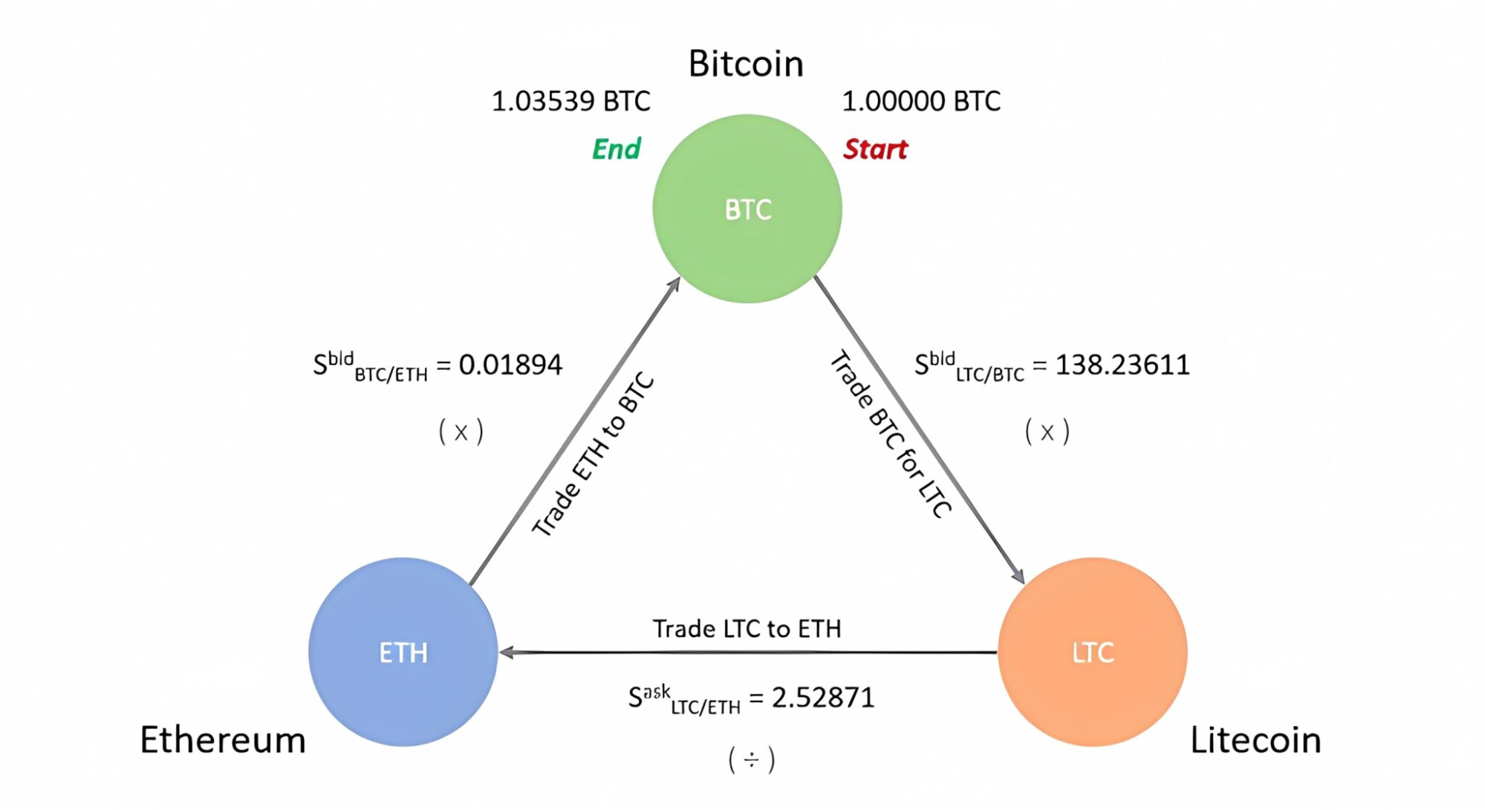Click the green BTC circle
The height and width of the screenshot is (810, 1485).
[x=747, y=209]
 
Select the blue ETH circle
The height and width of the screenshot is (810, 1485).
[x=403, y=652]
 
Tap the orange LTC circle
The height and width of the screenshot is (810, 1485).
[x=1092, y=652]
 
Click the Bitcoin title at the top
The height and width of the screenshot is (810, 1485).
[x=746, y=64]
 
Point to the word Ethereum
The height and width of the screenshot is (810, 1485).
[x=223, y=740]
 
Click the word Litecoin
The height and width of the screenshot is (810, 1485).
[x=1255, y=740]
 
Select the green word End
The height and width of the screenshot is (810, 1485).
[x=616, y=149]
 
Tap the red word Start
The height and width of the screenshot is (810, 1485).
[x=875, y=149]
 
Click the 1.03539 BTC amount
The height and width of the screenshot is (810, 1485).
[x=571, y=101]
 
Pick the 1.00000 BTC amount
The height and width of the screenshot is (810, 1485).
[x=921, y=101]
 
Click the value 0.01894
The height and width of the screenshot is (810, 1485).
[x=510, y=365]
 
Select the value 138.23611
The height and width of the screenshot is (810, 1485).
[x=1122, y=365]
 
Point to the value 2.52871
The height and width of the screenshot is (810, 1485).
[x=823, y=698]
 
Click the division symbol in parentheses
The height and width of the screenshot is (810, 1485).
[x=752, y=759]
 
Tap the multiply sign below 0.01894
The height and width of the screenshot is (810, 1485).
[x=461, y=432]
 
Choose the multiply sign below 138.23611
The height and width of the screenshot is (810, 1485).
[x=1047, y=432]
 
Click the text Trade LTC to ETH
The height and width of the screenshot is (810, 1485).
[x=747, y=629]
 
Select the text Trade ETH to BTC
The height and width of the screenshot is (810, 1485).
[x=593, y=455]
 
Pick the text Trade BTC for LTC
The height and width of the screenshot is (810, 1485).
[x=890, y=434]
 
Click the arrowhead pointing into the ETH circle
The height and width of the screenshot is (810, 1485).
[x=507, y=652]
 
